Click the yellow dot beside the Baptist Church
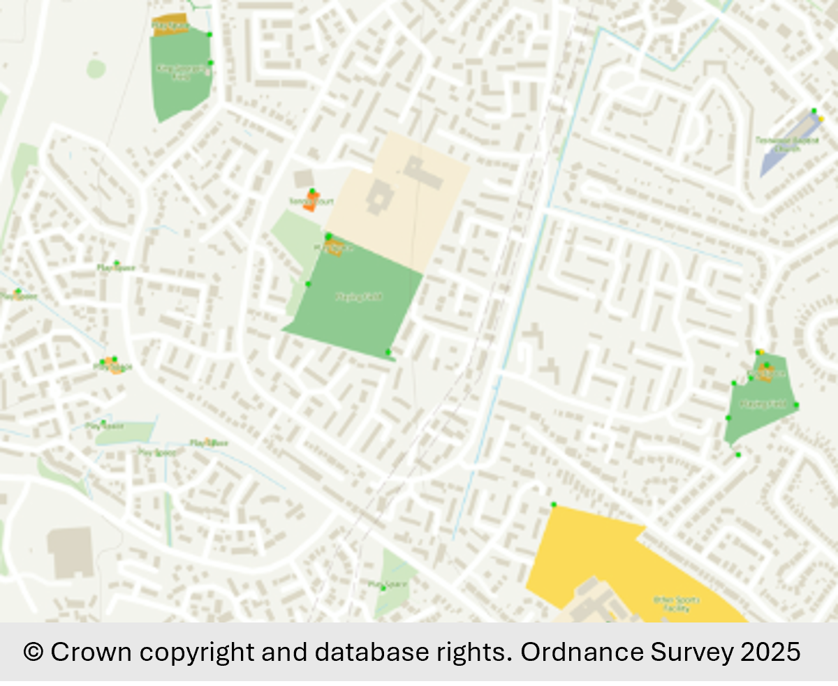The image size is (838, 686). click(821, 119)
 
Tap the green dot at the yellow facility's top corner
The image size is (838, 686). click(553, 505)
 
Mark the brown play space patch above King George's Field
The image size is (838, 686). click(170, 24)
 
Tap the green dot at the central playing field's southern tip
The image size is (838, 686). click(388, 352)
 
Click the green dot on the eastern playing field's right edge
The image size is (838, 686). click(795, 405)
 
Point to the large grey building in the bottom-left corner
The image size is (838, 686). click(70, 553)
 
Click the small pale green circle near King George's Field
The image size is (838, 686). click(96, 68)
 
